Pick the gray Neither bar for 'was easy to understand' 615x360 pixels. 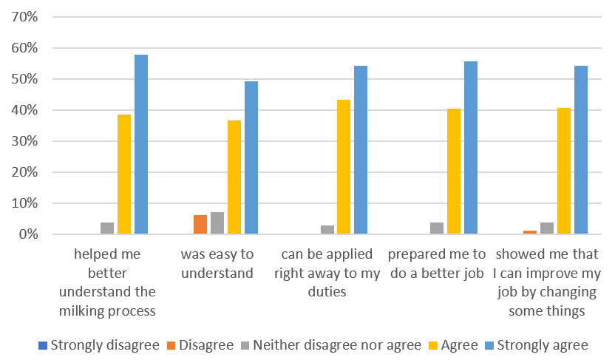click(x=217, y=223)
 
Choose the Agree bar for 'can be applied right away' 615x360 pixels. click(x=344, y=167)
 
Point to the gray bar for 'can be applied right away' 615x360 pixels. click(x=327, y=230)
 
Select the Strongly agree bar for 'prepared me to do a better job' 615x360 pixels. click(x=471, y=148)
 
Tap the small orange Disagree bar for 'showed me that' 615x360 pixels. click(x=529, y=232)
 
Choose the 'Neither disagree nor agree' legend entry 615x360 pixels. click(x=336, y=345)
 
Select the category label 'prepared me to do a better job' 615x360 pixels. click(x=436, y=263)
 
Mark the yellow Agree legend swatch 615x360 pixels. click(x=436, y=346)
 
